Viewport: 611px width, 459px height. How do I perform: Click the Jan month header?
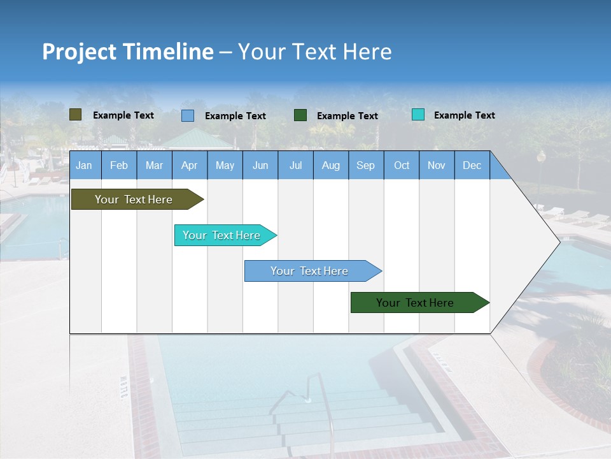pos(84,165)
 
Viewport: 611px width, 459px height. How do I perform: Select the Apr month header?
pos(189,165)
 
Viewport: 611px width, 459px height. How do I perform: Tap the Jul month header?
pos(295,165)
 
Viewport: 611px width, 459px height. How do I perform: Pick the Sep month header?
pos(365,165)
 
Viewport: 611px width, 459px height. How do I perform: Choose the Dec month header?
pos(472,165)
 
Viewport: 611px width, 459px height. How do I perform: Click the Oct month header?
pos(402,165)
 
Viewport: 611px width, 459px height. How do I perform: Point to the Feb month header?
pos(119,165)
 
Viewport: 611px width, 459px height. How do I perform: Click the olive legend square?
pos(76,115)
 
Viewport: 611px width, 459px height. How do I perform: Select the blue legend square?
pos(188,115)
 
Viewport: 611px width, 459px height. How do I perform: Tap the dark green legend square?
pos(300,115)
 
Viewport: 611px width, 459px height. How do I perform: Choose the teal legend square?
pos(418,115)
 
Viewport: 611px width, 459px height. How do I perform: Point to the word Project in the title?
pos(78,52)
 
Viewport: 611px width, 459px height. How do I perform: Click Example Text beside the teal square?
pos(464,115)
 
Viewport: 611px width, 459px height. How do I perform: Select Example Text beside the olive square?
pos(123,115)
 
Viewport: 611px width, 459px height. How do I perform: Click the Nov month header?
pos(437,165)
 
